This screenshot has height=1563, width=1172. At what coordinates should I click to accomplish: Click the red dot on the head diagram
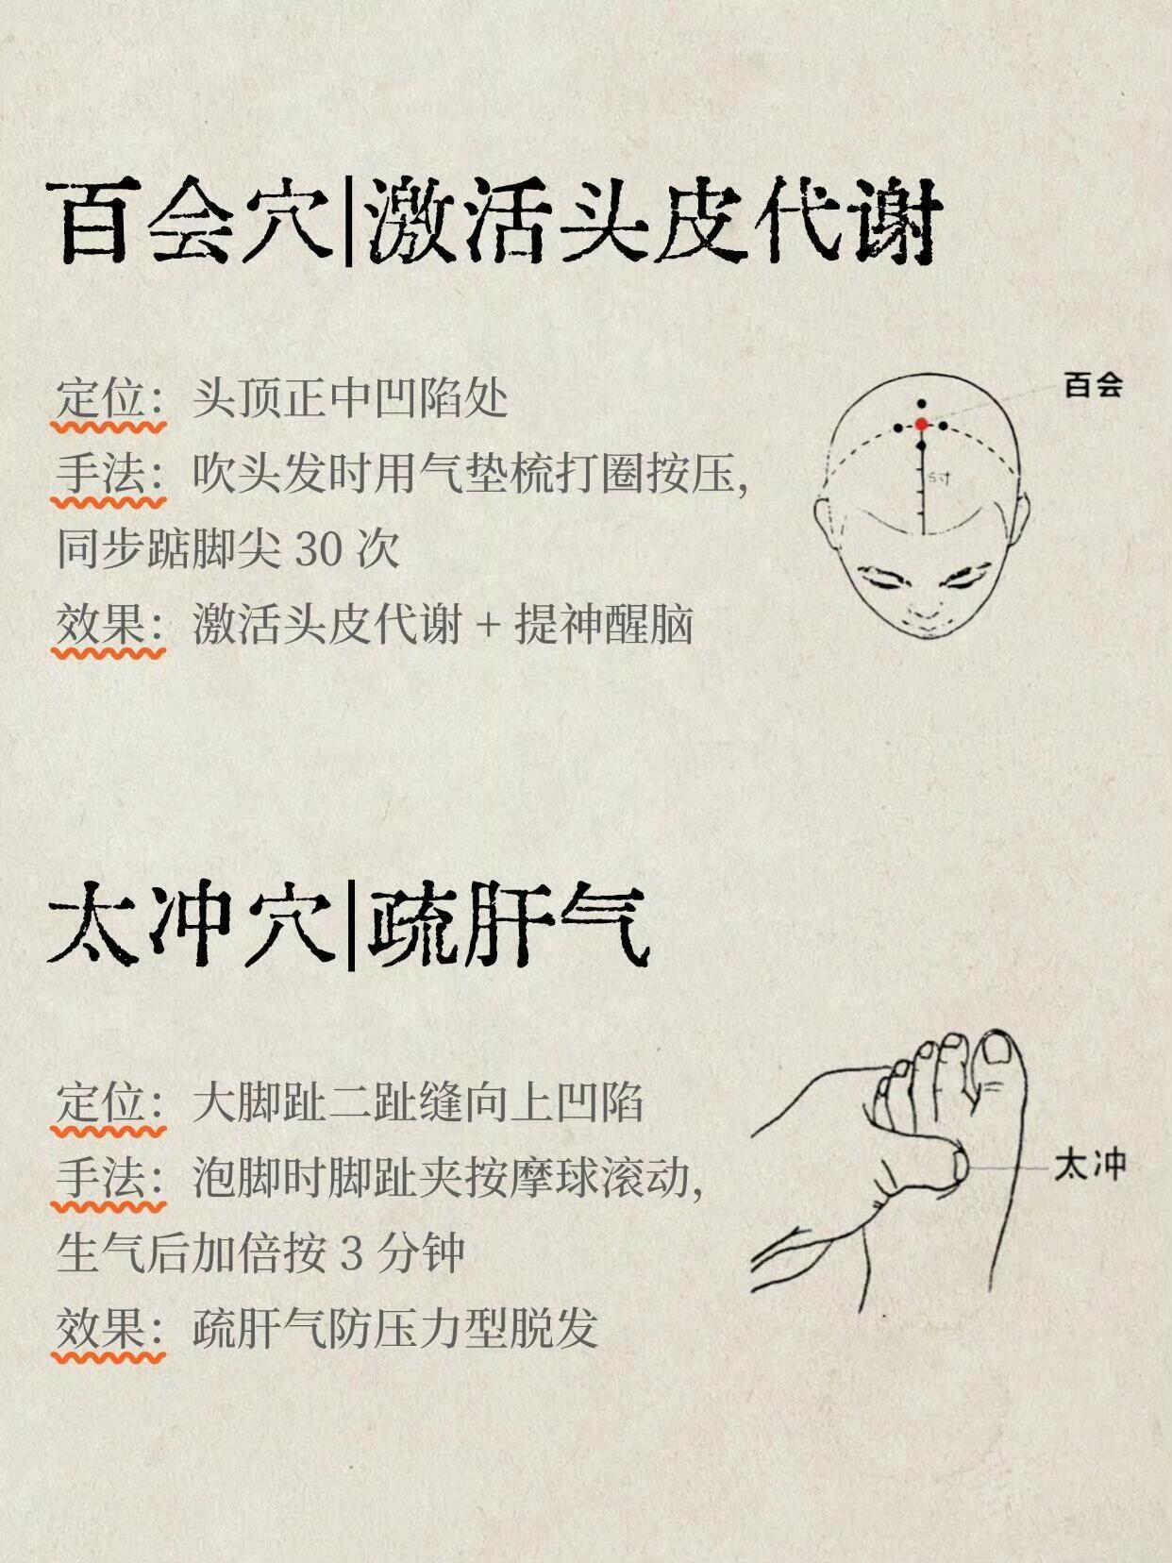[922, 425]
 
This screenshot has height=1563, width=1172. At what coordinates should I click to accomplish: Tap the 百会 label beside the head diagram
[1093, 386]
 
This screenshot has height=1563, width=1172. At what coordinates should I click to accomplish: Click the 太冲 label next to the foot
[1090, 1167]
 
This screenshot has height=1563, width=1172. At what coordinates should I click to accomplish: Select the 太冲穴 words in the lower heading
[190, 924]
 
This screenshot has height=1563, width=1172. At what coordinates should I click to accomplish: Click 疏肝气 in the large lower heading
[508, 924]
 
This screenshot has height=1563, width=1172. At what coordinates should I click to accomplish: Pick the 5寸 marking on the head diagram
[939, 478]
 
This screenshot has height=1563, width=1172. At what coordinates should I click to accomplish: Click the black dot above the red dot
[922, 404]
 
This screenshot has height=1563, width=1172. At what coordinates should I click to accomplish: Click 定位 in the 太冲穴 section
[100, 1103]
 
